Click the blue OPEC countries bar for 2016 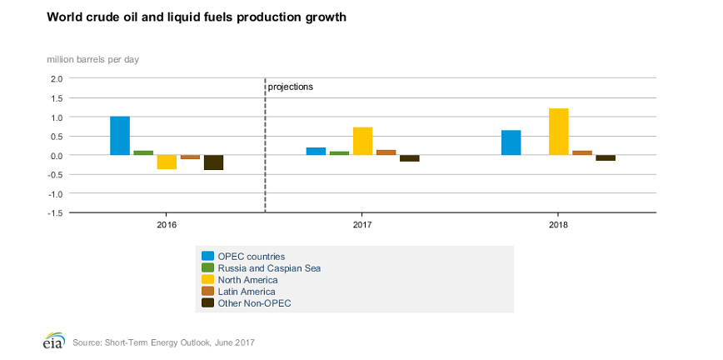(x=120, y=136)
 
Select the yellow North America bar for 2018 (x=558, y=132)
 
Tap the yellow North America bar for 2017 (x=362, y=141)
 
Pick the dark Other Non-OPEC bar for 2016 (x=213, y=162)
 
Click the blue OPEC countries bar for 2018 (x=511, y=142)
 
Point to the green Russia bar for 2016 (x=143, y=152)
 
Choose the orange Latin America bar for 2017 (x=386, y=152)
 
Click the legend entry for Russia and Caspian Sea (x=268, y=268)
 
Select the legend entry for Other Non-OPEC (x=254, y=303)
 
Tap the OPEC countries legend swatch (x=207, y=257)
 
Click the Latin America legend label (x=246, y=292)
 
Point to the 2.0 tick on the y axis (x=56, y=79)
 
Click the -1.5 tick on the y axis (x=54, y=213)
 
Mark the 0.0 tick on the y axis (x=56, y=156)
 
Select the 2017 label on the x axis (x=362, y=226)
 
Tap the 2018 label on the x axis (x=558, y=226)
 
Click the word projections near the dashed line (x=290, y=87)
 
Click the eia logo (x=54, y=342)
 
